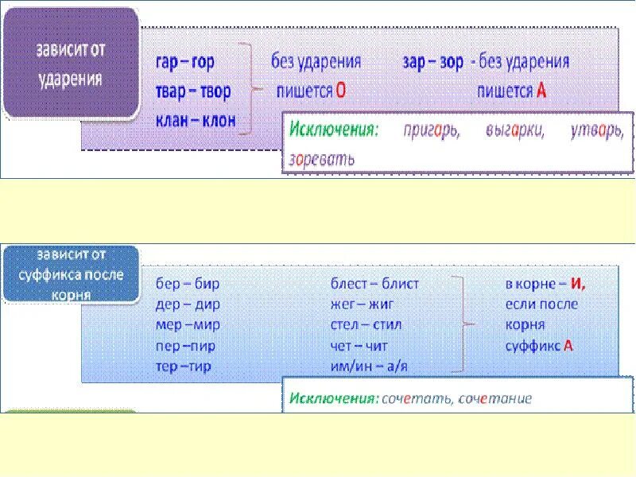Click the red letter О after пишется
click(x=340, y=91)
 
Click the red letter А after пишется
click(x=541, y=91)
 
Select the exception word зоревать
click(x=322, y=157)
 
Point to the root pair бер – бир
click(x=187, y=283)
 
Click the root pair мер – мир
click(x=187, y=325)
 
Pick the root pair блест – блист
click(x=374, y=283)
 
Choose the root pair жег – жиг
click(x=363, y=304)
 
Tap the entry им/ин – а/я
click(x=369, y=367)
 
